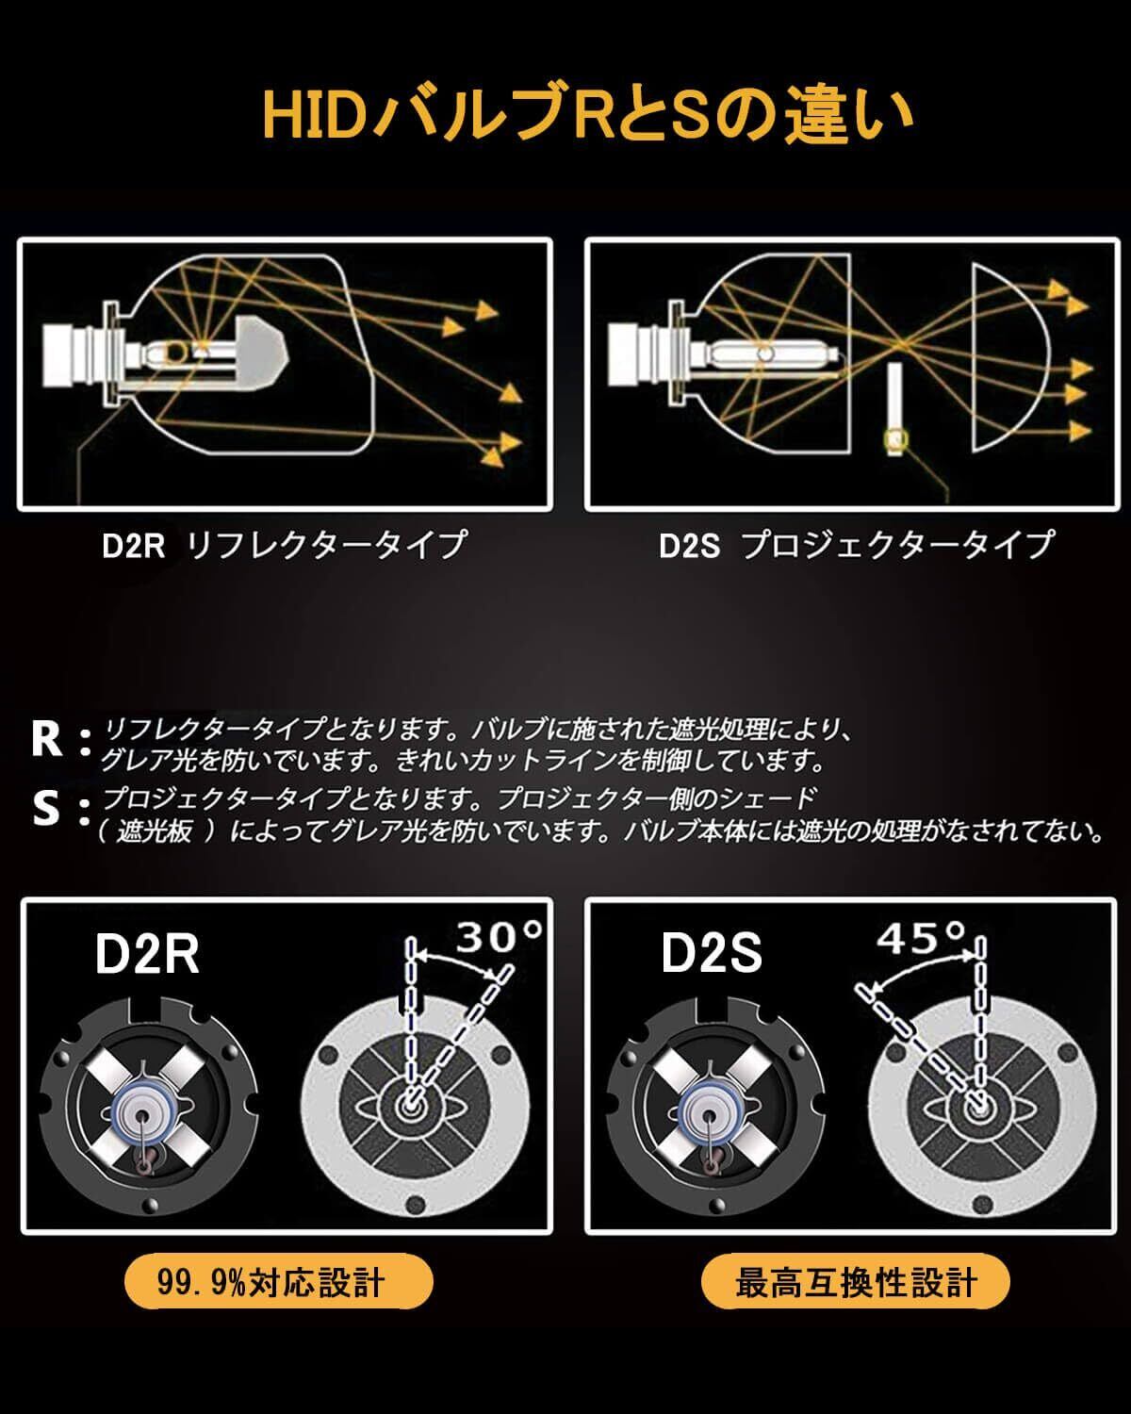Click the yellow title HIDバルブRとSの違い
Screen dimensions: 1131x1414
coord(587,114)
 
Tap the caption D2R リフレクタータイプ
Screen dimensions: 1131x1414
coord(284,545)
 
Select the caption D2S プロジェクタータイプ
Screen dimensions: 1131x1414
coord(856,545)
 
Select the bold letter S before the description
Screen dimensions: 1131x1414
coord(45,809)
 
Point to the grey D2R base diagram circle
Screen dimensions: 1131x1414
coord(412,1103)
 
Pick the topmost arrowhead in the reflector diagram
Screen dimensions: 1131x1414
coord(486,310)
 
